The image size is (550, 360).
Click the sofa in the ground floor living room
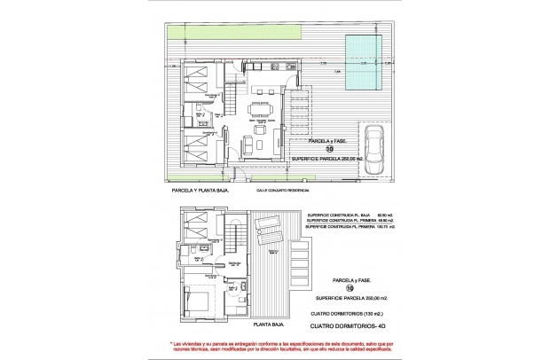(x=259, y=145)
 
